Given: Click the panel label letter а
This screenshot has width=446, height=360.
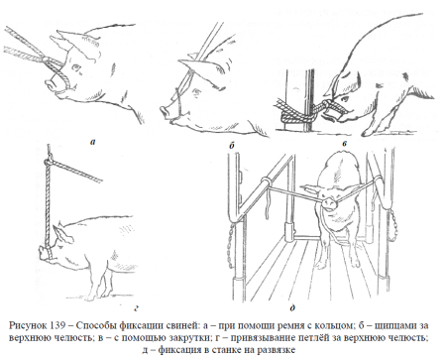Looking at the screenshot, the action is click(x=92, y=143).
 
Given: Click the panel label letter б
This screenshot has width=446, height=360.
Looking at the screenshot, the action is click(x=231, y=145).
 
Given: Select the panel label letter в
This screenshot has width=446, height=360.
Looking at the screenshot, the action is click(x=345, y=143).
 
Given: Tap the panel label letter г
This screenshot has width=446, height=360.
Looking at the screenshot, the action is click(x=136, y=309).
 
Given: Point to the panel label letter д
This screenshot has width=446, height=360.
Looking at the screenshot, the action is click(x=292, y=308).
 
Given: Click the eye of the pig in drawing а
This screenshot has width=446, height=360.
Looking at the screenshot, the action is click(x=77, y=68).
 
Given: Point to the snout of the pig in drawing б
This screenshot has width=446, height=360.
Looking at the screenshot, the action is click(x=166, y=112).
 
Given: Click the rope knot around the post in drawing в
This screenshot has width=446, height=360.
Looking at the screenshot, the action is click(x=290, y=115).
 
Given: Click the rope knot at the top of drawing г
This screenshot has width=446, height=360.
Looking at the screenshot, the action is click(x=49, y=162).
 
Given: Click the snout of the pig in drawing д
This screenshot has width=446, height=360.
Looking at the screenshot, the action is click(x=328, y=202).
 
